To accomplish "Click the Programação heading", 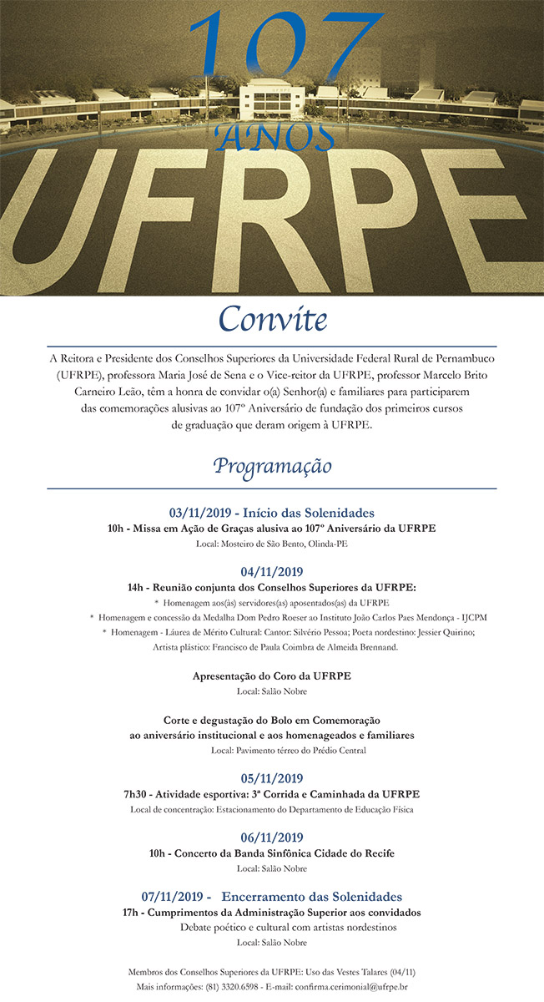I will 272,465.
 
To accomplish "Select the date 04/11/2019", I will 271,572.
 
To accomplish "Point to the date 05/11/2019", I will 271,778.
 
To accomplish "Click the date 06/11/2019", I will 271,838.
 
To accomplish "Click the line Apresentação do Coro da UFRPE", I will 271,676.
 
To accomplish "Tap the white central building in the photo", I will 273,101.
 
